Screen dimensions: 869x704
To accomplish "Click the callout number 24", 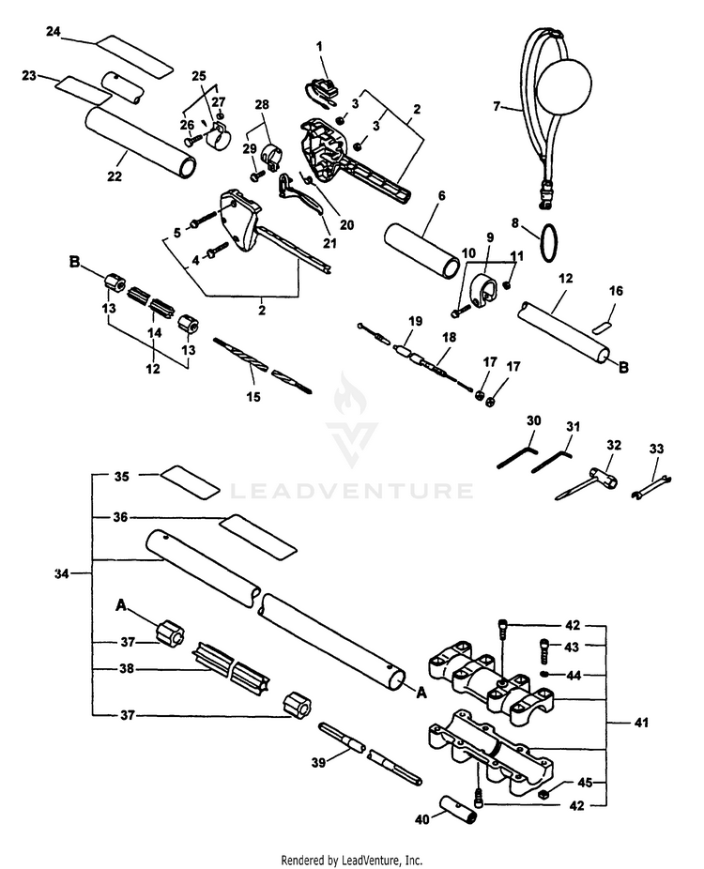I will tap(54, 32).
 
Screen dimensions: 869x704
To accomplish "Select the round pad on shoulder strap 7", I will tap(565, 90).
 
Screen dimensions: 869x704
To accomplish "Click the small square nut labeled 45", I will tap(543, 793).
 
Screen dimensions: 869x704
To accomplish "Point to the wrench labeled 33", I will tap(650, 485).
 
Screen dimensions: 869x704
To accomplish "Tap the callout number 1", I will tap(319, 45).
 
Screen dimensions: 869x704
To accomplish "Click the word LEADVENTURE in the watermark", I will tap(352, 490).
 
